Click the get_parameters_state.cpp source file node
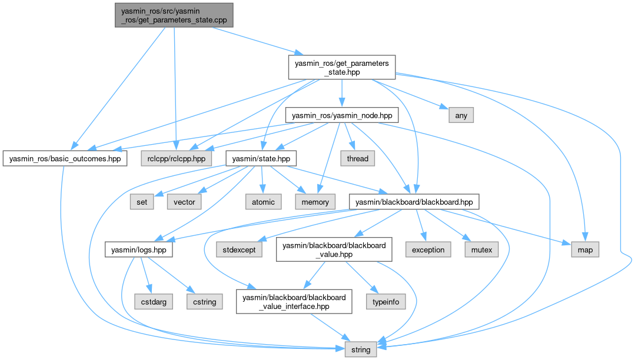(x=174, y=15)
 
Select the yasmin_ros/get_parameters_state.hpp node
(x=341, y=68)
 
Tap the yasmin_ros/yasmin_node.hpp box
(x=338, y=115)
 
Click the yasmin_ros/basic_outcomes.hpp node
(x=65, y=159)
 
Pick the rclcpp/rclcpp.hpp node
(x=175, y=159)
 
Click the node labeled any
(x=461, y=115)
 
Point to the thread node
(x=357, y=158)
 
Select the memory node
(x=315, y=202)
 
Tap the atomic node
(x=263, y=202)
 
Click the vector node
(x=184, y=202)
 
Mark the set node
(x=142, y=202)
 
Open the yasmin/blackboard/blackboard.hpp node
(x=414, y=202)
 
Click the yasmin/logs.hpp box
(x=139, y=249)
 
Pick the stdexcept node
(x=240, y=249)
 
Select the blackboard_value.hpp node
(x=334, y=249)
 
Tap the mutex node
(x=481, y=249)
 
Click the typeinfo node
(x=386, y=302)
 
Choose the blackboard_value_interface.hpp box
(x=294, y=301)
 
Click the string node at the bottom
(x=361, y=349)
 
